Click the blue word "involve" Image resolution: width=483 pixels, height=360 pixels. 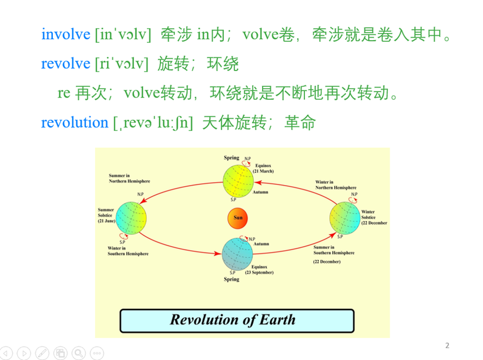(66, 34)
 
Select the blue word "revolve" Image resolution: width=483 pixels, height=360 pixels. (66, 63)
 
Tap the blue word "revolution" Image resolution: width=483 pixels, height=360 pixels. (75, 123)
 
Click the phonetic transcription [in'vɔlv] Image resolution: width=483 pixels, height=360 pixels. (123, 34)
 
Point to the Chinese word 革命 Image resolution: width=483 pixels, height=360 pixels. (300, 123)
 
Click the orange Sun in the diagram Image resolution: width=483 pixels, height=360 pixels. (237, 218)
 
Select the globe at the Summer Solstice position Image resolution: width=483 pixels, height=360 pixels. (131, 218)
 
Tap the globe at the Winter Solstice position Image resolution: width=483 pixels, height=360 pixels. (345, 218)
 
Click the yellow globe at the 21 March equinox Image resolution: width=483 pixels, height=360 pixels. (238, 181)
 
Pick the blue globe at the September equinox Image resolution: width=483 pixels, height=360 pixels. (237, 254)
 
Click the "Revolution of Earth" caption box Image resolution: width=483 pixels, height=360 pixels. (237, 321)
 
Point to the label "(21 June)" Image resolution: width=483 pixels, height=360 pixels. (106, 221)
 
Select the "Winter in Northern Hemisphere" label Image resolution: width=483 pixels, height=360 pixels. (336, 185)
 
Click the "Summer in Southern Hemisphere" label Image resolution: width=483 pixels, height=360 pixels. (334, 250)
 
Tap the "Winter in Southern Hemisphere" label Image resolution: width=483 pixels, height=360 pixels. (128, 251)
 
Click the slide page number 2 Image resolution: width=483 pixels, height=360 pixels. (447, 345)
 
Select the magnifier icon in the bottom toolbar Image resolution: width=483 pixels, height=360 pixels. (79, 353)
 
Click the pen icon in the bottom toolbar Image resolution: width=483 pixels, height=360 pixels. (42, 353)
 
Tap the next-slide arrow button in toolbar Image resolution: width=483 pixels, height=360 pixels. (24, 353)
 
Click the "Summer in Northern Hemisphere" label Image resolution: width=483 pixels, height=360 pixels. (129, 179)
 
